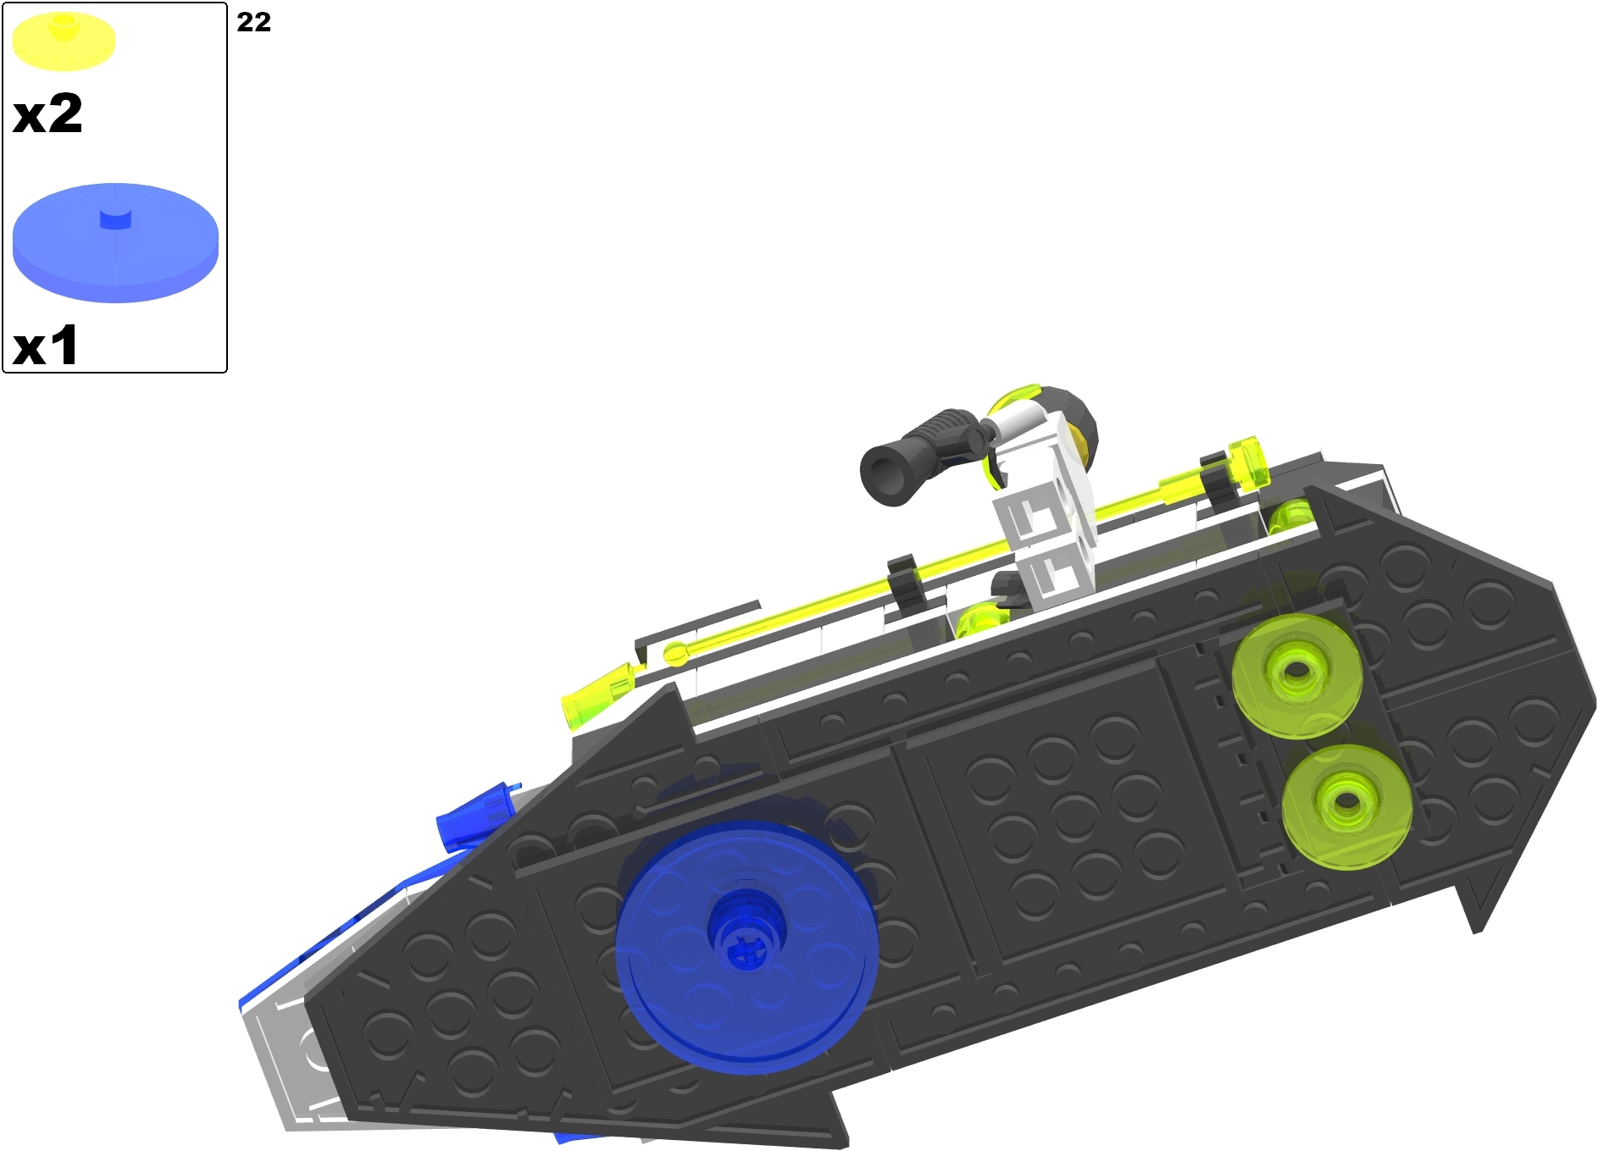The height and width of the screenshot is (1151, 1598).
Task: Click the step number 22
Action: (253, 22)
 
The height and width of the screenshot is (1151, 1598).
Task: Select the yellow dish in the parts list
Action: (64, 41)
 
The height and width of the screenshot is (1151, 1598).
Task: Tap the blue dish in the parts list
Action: (115, 243)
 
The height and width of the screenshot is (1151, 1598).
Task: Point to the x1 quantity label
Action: (46, 346)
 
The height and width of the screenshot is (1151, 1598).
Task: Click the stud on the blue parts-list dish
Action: (116, 219)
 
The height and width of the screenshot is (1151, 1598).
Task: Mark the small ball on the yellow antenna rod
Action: (674, 653)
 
